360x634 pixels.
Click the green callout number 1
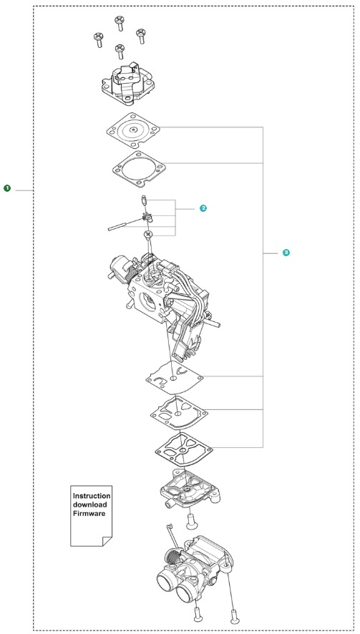(7, 188)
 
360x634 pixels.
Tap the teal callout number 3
(286, 253)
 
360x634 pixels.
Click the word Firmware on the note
(89, 514)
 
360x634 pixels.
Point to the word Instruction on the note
(92, 496)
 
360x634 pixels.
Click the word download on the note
(89, 504)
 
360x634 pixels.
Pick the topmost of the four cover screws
(120, 23)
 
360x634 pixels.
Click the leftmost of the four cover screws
(99, 39)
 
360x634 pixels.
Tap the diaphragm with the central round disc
(132, 130)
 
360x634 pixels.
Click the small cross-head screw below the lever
(148, 235)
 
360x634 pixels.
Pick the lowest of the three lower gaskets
(184, 449)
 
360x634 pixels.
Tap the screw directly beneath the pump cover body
(191, 522)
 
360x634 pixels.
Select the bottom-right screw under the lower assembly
(233, 615)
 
